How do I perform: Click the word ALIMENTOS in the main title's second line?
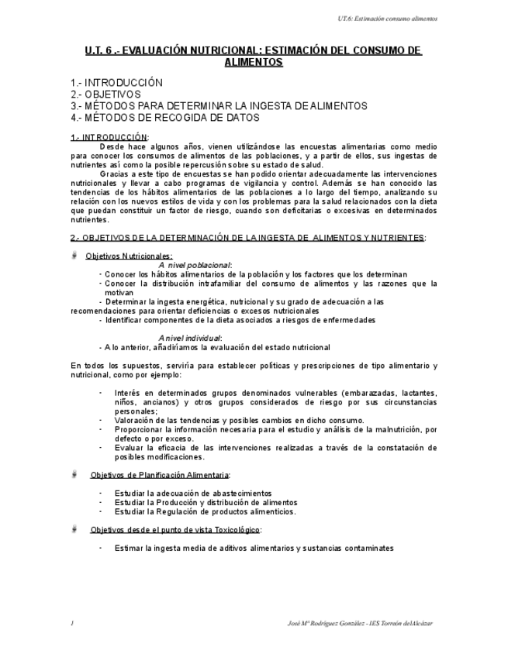(253, 62)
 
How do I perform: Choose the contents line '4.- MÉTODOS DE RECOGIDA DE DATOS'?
(164, 118)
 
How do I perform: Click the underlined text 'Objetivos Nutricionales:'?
(129, 256)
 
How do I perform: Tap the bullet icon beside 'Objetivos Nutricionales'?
(73, 255)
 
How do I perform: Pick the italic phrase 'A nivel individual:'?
(190, 338)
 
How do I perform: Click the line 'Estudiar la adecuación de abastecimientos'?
(193, 493)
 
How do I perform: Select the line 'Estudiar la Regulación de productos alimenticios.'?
(205, 511)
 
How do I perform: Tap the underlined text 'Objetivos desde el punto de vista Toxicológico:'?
(176, 529)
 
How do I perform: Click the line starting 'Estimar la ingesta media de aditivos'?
(254, 548)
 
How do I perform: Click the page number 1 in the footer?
(71, 624)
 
